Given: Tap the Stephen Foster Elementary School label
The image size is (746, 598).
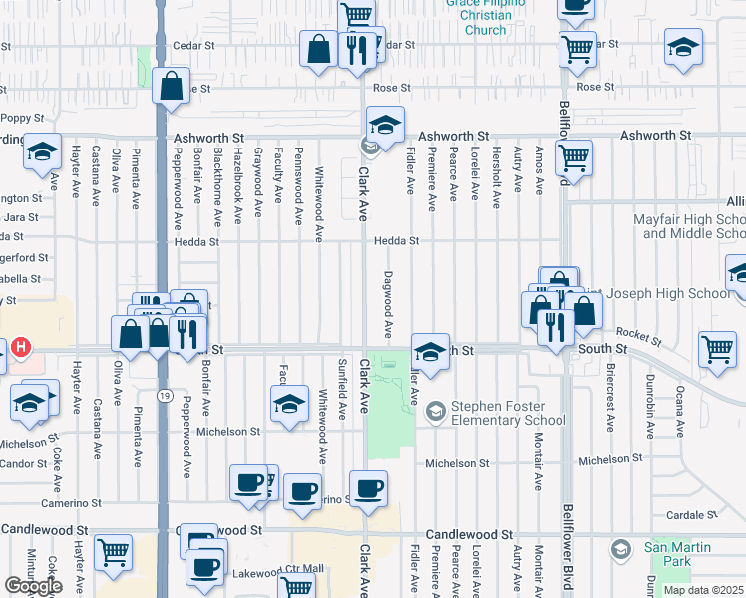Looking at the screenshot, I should point(509,413).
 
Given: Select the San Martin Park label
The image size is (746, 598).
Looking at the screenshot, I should point(677,555).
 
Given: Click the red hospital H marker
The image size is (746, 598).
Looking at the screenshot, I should point(21,350).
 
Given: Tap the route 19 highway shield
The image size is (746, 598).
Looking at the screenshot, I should point(162,396).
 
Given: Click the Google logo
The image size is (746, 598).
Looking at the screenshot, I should point(33,586).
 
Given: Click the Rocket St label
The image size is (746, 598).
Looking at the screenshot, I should point(633,332).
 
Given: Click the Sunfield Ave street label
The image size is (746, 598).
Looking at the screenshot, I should point(343,390).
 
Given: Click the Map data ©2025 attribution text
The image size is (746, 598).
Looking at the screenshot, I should point(703,590).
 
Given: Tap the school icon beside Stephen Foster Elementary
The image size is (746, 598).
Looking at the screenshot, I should point(435,411).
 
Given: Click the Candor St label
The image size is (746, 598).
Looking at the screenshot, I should point(25,464).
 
